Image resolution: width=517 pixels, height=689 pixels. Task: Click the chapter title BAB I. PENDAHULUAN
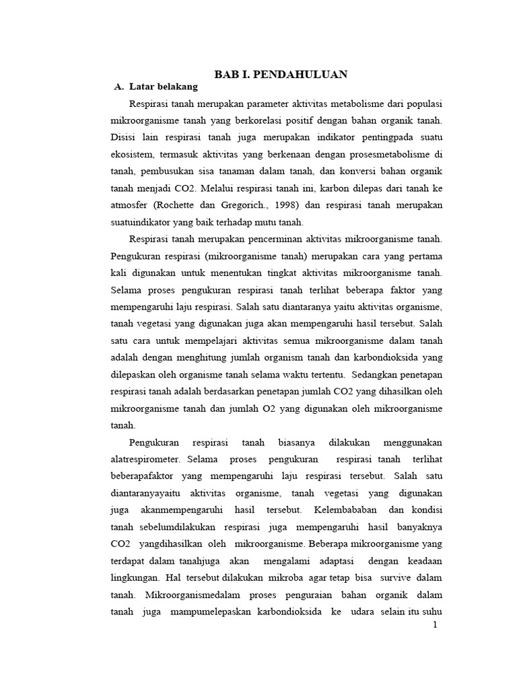click(x=281, y=74)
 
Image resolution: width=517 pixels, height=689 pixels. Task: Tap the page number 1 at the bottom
click(x=435, y=625)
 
